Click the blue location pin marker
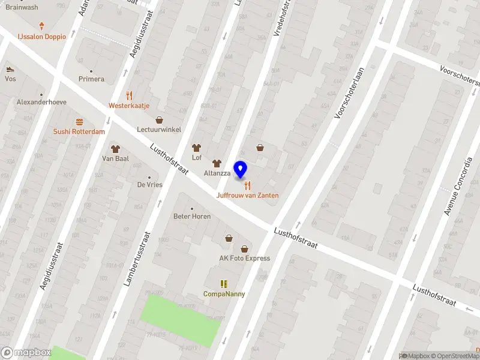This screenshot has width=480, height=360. [x=241, y=169]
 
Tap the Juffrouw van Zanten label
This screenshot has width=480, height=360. [x=247, y=196]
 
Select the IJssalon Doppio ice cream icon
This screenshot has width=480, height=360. [x=41, y=26]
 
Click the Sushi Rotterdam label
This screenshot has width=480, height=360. [x=79, y=131]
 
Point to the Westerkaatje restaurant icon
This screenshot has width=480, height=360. [x=129, y=95]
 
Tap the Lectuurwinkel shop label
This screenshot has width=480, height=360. [x=159, y=129]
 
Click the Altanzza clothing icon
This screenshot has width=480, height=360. [x=217, y=163]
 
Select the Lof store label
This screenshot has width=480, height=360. [x=196, y=158]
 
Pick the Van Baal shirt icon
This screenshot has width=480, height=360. [x=115, y=148]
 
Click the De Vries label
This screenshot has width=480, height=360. [x=150, y=185]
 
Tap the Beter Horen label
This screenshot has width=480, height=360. [x=192, y=216]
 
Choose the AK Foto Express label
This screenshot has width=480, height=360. [x=244, y=259]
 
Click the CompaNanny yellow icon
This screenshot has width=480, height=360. [x=224, y=284]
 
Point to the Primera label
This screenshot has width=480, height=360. [x=91, y=79]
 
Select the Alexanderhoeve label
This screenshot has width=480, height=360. [x=41, y=102]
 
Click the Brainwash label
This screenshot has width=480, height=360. [x=22, y=7]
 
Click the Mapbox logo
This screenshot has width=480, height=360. [x=26, y=353]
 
